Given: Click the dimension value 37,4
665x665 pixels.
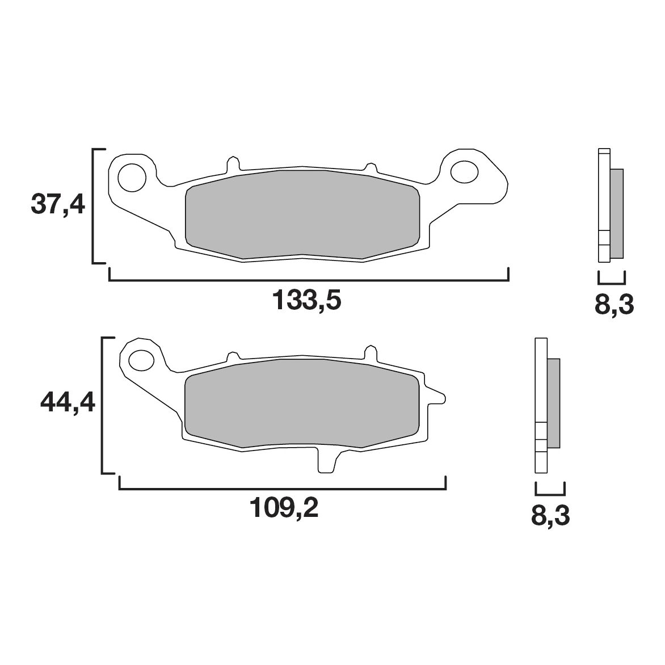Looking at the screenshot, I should [57, 204].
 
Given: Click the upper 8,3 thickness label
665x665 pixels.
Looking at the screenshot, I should [613, 305].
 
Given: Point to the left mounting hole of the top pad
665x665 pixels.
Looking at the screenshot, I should [131, 176].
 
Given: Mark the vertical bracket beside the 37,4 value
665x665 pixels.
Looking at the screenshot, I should [94, 207].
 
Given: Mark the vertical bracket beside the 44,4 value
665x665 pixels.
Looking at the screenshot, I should [103, 405].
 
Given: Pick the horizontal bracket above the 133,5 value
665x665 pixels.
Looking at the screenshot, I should [308, 280].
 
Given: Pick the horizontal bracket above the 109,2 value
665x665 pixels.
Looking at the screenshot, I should [282, 489].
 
